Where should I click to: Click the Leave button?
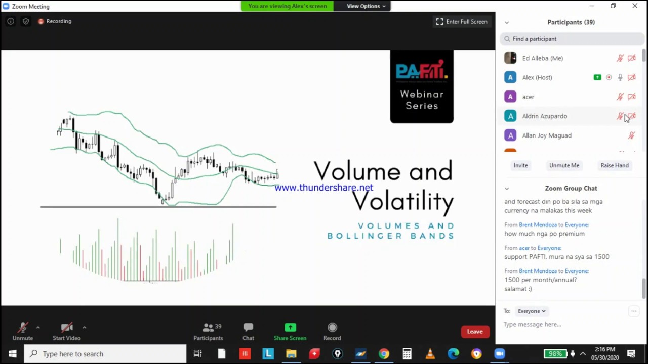click(475, 332)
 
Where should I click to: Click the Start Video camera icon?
click(66, 328)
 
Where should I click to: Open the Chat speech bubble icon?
click(248, 328)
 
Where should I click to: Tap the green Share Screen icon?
click(290, 328)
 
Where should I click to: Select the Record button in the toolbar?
click(332, 328)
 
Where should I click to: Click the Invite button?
click(520, 165)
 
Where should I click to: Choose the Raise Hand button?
click(614, 165)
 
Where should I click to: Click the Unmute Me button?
click(564, 165)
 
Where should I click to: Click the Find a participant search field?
click(572, 39)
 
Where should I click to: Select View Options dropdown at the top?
click(366, 6)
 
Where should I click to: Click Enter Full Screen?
click(462, 22)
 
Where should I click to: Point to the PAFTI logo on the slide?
click(421, 71)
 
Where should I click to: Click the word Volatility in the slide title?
click(402, 202)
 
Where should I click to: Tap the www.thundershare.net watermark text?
click(323, 188)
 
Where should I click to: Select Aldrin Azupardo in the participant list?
click(544, 116)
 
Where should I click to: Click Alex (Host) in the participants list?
click(537, 77)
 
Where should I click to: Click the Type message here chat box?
click(562, 324)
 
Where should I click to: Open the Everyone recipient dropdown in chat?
click(532, 311)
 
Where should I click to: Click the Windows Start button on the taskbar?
click(12, 354)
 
